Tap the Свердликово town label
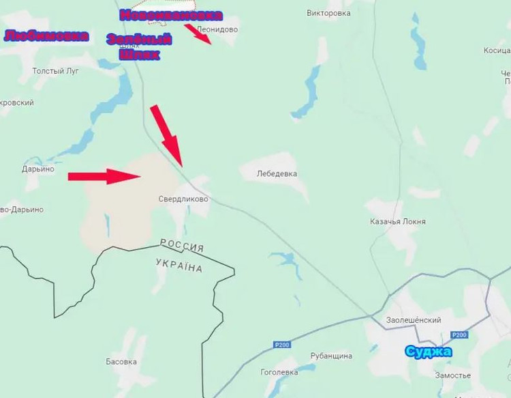click(183, 199)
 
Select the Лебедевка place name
click(277, 173)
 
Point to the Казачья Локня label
click(398, 222)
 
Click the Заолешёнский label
click(414, 320)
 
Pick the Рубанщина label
click(331, 356)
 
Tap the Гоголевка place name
click(279, 372)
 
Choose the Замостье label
click(453, 375)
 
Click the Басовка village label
click(122, 361)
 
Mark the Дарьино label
click(37, 169)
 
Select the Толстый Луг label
click(56, 70)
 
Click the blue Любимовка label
click(46, 36)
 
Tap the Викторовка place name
click(328, 13)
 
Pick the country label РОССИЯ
click(182, 245)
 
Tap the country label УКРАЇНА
click(179, 265)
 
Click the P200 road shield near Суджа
click(460, 335)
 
